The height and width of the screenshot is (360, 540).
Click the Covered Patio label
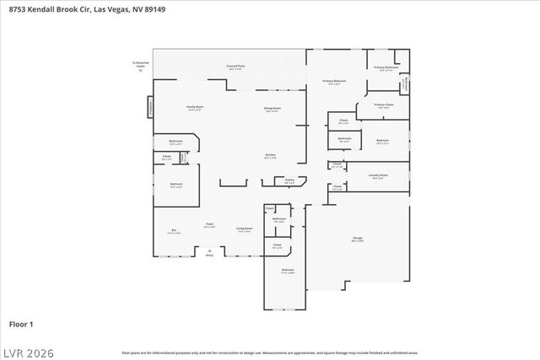[x=235, y=66]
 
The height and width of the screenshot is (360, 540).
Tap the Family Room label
[x=194, y=108]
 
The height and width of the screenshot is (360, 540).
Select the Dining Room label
[x=272, y=110]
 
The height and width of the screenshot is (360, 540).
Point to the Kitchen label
[x=271, y=156]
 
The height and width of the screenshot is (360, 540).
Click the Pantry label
[x=289, y=180]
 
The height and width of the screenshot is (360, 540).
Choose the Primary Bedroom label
[x=335, y=82]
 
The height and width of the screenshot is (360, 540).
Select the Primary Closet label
[x=384, y=106]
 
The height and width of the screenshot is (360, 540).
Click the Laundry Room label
[x=378, y=176]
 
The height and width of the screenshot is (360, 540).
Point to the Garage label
[x=358, y=239]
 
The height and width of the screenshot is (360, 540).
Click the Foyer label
[x=209, y=225]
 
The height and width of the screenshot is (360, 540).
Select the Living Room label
[x=245, y=229]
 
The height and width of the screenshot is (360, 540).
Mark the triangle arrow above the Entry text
[x=209, y=249]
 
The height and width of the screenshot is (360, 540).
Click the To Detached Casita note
[x=140, y=65]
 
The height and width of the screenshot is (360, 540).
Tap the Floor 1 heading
[x=20, y=323]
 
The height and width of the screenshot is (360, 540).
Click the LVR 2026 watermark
[x=27, y=349]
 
